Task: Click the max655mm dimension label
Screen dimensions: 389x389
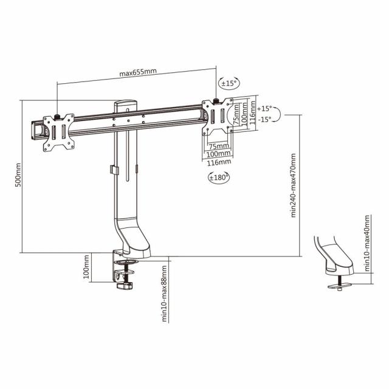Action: tap(138, 73)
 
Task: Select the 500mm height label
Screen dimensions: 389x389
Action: tap(18, 175)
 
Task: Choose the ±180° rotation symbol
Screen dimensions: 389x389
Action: tap(219, 177)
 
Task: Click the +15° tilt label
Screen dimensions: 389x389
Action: tap(264, 108)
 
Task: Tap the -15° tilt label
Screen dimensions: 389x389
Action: tap(264, 120)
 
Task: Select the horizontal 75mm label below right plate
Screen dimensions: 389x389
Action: tap(219, 146)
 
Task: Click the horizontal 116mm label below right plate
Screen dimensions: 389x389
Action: tap(219, 162)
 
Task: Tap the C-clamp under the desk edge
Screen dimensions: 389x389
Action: tap(125, 274)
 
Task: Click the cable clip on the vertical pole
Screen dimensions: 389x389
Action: tap(114, 171)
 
